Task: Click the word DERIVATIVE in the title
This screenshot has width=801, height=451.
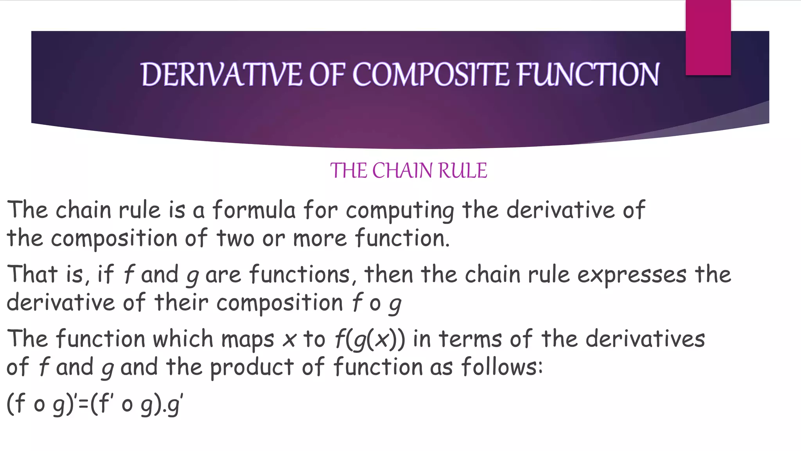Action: click(221, 74)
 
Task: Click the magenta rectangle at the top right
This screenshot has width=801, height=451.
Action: click(708, 38)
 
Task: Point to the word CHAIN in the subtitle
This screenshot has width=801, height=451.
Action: click(402, 171)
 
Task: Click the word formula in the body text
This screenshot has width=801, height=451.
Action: click(254, 210)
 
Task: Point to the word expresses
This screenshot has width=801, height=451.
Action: click(632, 275)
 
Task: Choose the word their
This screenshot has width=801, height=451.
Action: click(181, 303)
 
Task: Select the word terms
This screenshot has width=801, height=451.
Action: click(471, 339)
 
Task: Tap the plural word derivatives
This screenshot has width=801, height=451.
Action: click(645, 339)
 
